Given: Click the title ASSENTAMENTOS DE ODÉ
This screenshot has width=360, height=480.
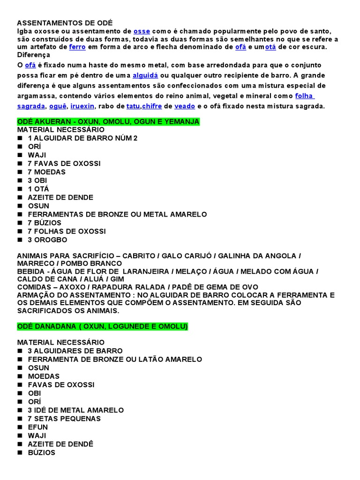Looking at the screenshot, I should pyautogui.click(x=65, y=23).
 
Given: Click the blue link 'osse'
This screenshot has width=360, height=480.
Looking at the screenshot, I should pyautogui.click(x=142, y=31).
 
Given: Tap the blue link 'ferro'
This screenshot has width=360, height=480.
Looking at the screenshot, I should pyautogui.click(x=77, y=47).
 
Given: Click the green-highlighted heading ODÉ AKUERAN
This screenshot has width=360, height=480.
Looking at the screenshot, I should pyautogui.click(x=108, y=122).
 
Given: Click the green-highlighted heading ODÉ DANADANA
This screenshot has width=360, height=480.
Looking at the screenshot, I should pyautogui.click(x=102, y=327).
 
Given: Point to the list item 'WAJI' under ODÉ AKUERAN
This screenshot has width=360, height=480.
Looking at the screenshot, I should pyautogui.click(x=37, y=155).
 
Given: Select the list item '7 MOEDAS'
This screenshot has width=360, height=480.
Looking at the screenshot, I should pyautogui.click(x=46, y=172).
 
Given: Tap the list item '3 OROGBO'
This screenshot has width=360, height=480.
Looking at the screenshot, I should pyautogui.click(x=47, y=240).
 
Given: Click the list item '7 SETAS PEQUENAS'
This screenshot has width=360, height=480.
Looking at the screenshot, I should pyautogui.click(x=64, y=419).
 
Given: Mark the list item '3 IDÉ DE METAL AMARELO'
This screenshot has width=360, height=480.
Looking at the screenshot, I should pyautogui.click(x=75, y=410).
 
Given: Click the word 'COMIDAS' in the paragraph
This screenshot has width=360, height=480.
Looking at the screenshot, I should pyautogui.click(x=34, y=287).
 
